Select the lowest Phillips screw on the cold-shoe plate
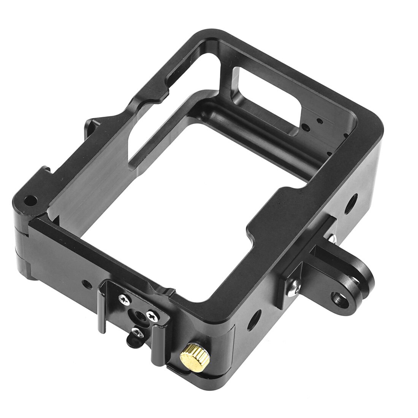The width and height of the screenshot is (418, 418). click(x=136, y=332)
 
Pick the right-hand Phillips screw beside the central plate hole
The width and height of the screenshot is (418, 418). click(x=152, y=315)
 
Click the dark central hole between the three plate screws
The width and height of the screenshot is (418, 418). click(x=138, y=312)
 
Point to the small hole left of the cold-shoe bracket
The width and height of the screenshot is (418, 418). click(x=87, y=283)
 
